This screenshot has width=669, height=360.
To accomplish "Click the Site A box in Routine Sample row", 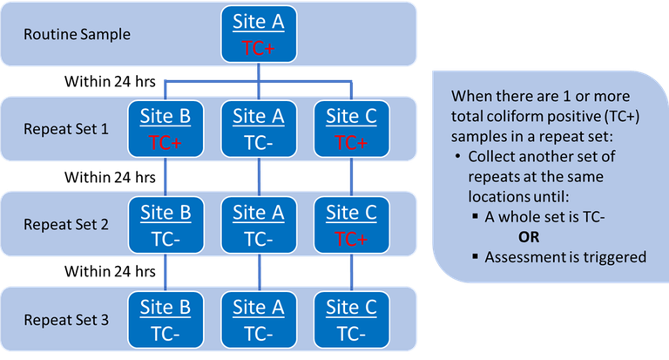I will click(258, 35).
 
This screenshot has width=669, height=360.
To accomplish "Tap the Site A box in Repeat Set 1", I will click(258, 129).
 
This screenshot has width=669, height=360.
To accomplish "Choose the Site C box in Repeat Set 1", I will click(352, 129).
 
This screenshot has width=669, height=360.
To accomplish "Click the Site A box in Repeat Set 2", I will click(258, 224).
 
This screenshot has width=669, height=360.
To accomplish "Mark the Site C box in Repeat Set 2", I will click(352, 224).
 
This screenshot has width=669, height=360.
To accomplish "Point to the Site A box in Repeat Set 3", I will click(258, 320).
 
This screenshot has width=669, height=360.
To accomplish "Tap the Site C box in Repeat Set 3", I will click(352, 320).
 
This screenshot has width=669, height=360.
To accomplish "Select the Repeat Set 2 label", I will click(66, 225).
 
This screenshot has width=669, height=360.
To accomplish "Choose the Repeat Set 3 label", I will click(66, 320).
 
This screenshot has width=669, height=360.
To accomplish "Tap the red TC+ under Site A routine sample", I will click(258, 49).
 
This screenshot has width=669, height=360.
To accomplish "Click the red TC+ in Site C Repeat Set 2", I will click(352, 238).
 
